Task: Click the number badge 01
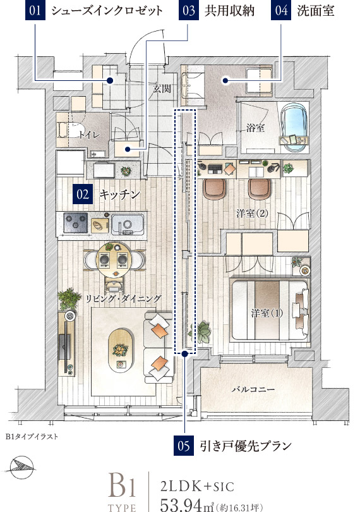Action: pos(35,10)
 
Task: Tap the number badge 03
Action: pos(189,10)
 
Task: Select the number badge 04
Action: pos(281,10)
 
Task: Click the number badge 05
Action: pos(184,446)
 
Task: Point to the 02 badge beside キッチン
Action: pos(83,194)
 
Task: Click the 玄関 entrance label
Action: pos(162,88)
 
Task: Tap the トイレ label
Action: pos(89,134)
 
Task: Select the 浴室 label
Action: pos(255,128)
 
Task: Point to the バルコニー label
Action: pos(253,389)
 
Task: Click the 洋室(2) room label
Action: pos(252,213)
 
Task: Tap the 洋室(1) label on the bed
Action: pos(267,313)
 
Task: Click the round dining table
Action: pos(114,260)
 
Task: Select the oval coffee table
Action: pos(121,350)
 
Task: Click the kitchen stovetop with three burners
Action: pos(76,223)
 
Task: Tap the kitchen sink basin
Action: pos(128,224)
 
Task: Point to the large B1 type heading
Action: pos(122,487)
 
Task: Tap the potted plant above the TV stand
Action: pos(69,299)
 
